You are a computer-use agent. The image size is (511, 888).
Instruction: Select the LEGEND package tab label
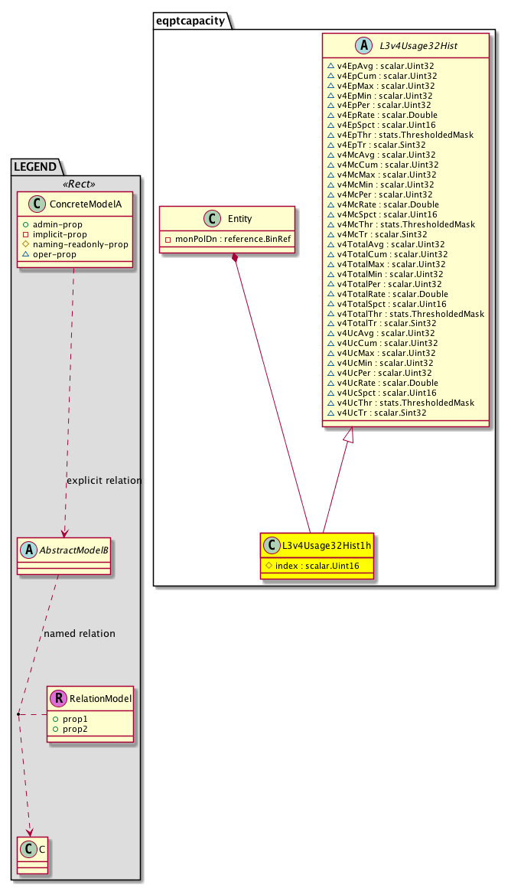pos(33,165)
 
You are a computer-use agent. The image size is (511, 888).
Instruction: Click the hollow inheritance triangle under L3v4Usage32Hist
pos(348,435)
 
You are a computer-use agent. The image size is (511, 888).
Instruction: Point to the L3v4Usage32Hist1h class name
pos(326,546)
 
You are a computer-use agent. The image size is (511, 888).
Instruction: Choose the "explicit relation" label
pos(104,481)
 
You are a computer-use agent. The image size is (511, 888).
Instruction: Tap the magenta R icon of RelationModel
pos(58,698)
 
